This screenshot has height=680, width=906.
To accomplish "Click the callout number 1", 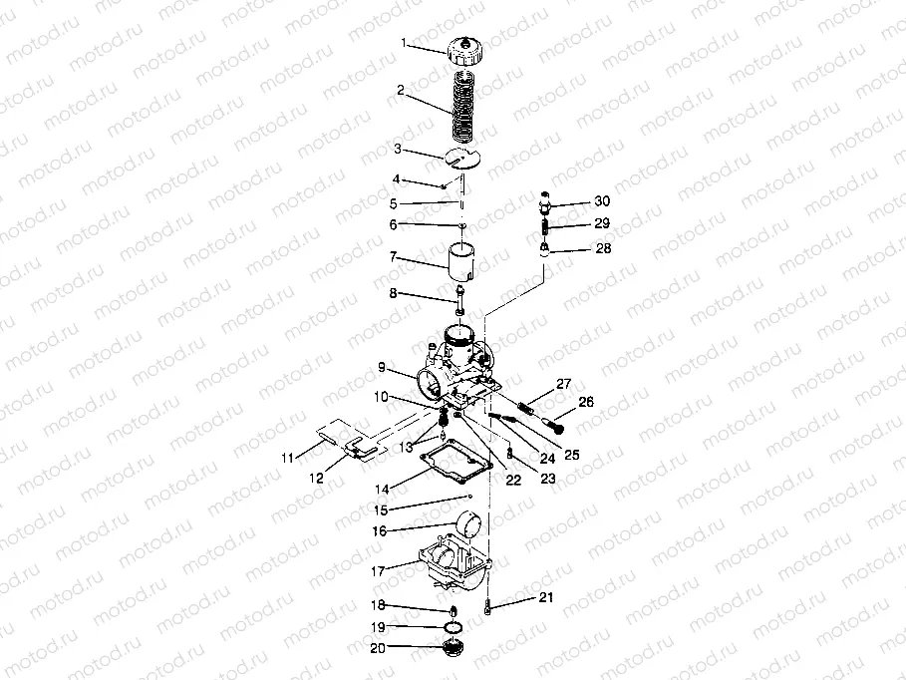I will [405, 43].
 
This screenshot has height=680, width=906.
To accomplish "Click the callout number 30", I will [601, 200].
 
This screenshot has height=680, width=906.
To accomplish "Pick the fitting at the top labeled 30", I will [545, 201].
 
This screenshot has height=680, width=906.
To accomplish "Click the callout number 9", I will [381, 367].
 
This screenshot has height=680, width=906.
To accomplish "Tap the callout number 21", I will [545, 597].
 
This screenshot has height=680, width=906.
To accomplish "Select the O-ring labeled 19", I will [453, 626].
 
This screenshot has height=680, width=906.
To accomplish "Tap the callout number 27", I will [564, 384].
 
